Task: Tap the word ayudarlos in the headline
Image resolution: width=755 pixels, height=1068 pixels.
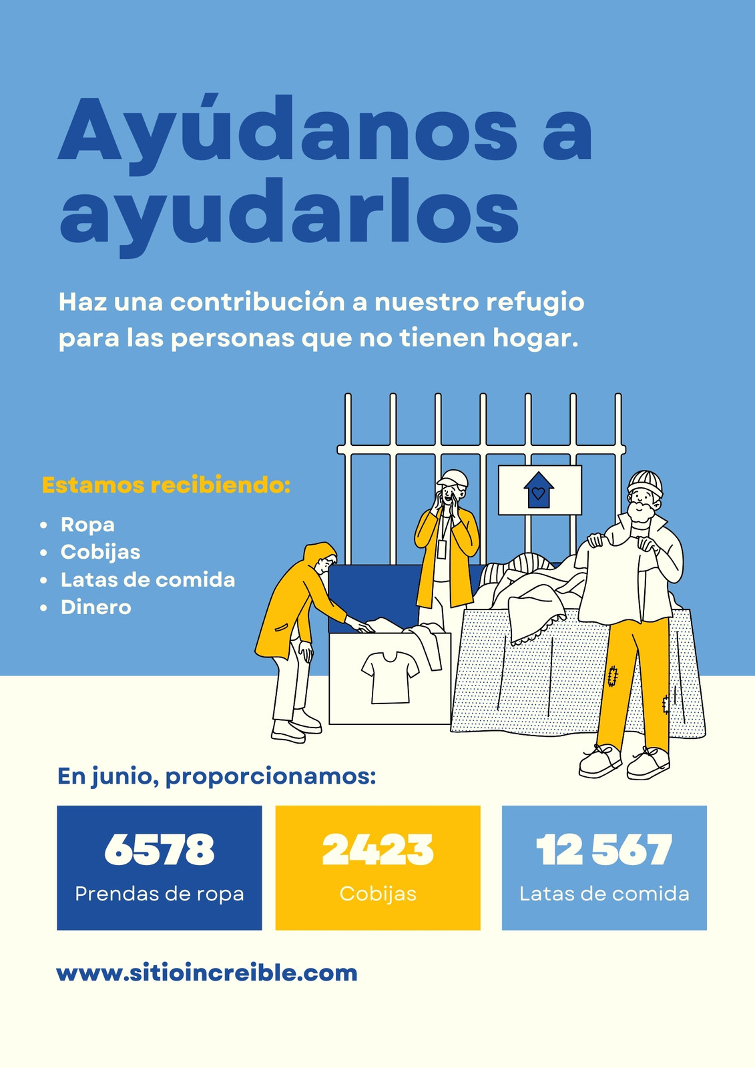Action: pyautogui.click(x=289, y=217)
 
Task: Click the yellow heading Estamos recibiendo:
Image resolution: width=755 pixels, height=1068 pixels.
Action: pyautogui.click(x=166, y=485)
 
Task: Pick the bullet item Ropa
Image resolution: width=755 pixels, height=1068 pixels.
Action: pyautogui.click(x=87, y=525)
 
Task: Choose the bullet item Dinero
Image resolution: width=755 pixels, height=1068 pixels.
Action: pyautogui.click(x=96, y=607)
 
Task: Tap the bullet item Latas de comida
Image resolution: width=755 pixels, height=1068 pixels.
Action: pyautogui.click(x=148, y=580)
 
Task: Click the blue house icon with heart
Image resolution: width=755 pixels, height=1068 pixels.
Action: pyautogui.click(x=539, y=490)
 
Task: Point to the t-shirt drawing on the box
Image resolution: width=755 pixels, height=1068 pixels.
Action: pyautogui.click(x=390, y=678)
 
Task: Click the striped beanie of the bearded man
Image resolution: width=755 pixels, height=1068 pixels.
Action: pyautogui.click(x=644, y=483)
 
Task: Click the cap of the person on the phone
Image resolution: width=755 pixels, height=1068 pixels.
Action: pyautogui.click(x=453, y=479)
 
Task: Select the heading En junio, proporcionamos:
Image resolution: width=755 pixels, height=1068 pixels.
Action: pyautogui.click(x=216, y=776)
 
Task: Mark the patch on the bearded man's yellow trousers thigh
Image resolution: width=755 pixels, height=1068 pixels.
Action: pyautogui.click(x=612, y=676)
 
